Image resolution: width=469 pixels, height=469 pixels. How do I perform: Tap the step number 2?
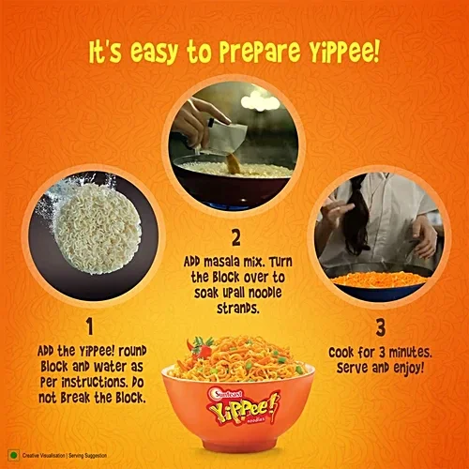[x=235, y=238]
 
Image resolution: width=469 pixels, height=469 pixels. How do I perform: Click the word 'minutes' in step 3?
[x=404, y=350]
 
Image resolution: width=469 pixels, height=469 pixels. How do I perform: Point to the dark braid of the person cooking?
[x=357, y=216]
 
